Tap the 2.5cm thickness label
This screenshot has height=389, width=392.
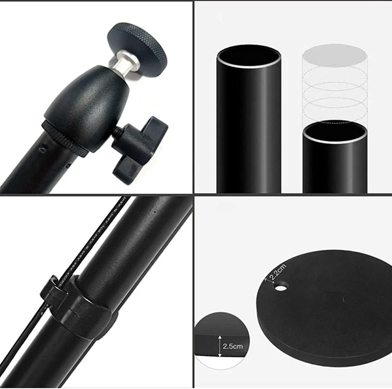click(233, 347)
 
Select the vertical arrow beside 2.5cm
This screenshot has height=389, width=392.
click(220, 346)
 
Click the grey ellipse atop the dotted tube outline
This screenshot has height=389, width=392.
click(335, 54)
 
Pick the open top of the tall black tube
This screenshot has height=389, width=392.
click(249, 56)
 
